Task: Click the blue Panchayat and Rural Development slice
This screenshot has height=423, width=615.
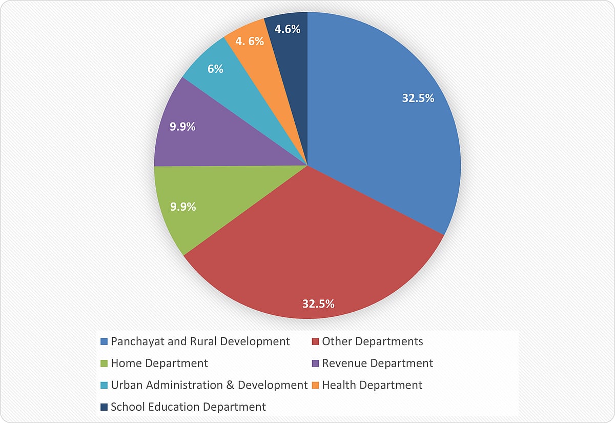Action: (x=379, y=133)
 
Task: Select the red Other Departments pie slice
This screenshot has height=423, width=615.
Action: (x=307, y=246)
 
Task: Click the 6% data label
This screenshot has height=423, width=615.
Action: (x=215, y=69)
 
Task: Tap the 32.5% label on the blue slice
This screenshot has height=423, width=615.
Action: (x=418, y=98)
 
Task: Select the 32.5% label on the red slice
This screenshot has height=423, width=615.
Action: (x=318, y=304)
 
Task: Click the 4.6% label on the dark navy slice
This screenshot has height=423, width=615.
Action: (x=287, y=29)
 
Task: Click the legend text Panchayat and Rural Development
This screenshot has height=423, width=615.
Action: (x=200, y=341)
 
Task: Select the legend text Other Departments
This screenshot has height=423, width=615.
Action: (x=373, y=341)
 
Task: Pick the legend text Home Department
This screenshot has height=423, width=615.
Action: (x=159, y=364)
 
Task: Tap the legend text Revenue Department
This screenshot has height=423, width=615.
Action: (x=378, y=364)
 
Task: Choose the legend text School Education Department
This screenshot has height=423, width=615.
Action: (x=189, y=407)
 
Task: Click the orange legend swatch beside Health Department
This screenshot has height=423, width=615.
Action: (x=316, y=385)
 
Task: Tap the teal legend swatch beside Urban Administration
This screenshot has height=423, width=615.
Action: (x=105, y=385)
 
